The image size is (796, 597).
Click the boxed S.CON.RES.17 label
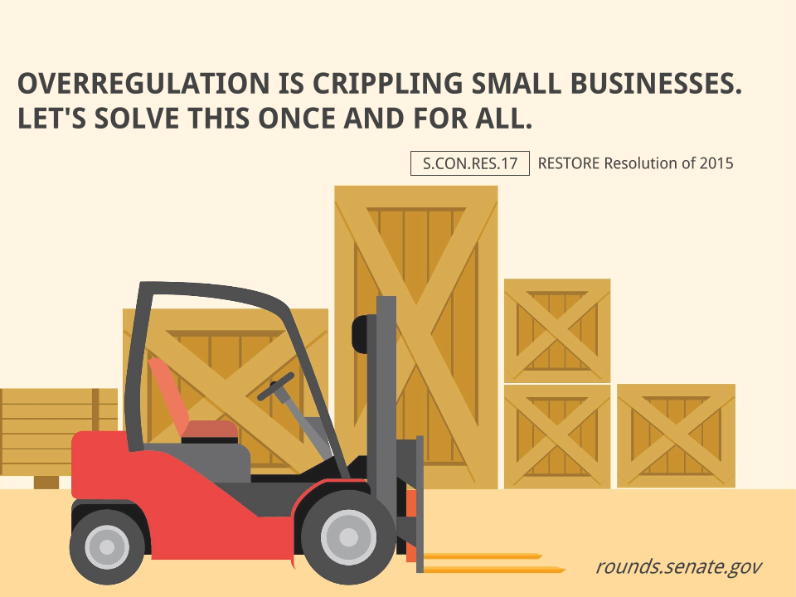pos(469,163)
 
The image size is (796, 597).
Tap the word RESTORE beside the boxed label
pos(569,163)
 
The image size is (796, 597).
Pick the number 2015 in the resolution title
pos(716,163)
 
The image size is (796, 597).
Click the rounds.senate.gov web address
pos(678,567)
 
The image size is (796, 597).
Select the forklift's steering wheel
pos(276,386)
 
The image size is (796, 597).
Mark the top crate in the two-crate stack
pos(557,330)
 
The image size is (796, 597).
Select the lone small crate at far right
pos(676,435)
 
